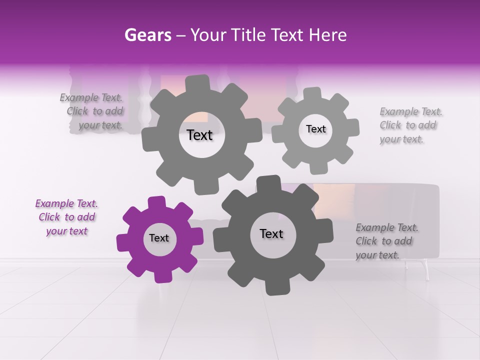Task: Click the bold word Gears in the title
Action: click(x=148, y=35)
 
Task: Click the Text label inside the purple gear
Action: click(x=159, y=238)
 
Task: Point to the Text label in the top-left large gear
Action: click(x=199, y=135)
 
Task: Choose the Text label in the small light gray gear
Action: click(x=315, y=129)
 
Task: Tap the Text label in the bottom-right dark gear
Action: click(x=271, y=233)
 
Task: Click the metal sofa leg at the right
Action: click(x=426, y=270)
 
